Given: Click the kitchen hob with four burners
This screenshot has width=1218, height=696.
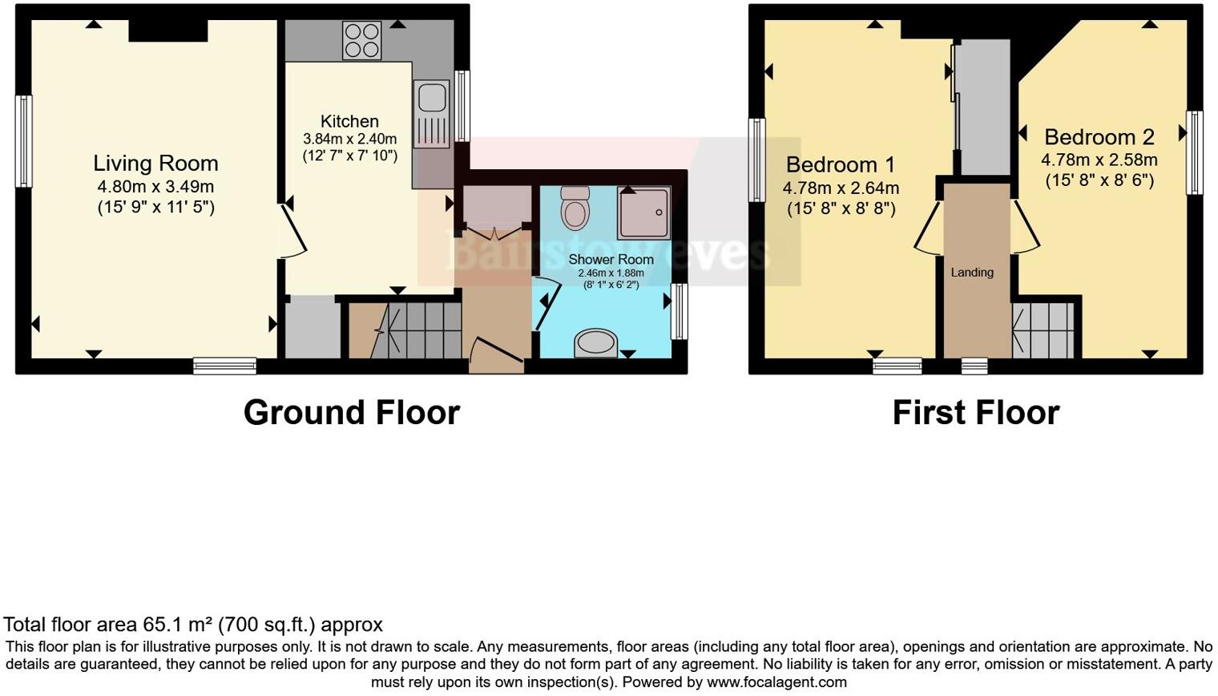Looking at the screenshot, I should pos(361,39).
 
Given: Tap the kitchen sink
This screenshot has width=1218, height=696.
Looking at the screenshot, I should pos(431,108).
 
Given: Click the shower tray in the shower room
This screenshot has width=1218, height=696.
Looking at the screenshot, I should pos(643,212).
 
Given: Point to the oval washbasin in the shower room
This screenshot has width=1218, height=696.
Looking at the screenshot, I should pos(595,344).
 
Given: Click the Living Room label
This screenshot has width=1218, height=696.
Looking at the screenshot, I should pos(155,164).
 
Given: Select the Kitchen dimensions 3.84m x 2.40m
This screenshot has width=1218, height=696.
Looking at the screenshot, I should pos(349,139).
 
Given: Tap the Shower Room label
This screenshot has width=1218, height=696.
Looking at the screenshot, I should pos(611,259).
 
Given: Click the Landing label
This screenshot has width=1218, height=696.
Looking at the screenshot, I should pos(972,273).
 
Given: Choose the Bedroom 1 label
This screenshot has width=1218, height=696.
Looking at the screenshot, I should pos(840,165).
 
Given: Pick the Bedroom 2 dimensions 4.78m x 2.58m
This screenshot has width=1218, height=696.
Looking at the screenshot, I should pos(1099,160).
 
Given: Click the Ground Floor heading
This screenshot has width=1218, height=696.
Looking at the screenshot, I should pos(351,412).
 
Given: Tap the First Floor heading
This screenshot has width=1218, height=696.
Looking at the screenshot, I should pos(975,412).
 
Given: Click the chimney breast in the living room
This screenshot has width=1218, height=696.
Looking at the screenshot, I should pos(168,30).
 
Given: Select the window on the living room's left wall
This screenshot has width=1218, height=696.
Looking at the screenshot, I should pos(25,141).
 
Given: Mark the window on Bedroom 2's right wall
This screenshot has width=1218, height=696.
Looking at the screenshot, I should pos(1194,152).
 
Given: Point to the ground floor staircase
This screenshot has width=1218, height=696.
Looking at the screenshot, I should pos(405,330).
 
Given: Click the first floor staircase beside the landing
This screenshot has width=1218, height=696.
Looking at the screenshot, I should pos(1043,330).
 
